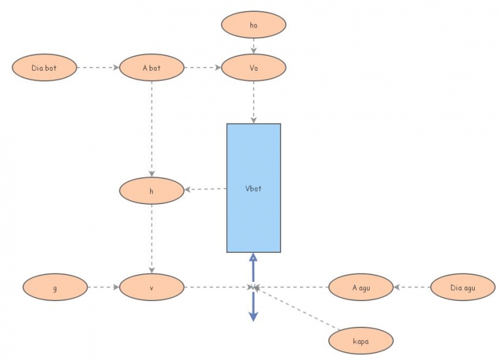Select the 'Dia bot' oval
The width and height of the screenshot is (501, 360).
pos(44,67)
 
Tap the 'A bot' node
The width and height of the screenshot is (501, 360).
pos(151,67)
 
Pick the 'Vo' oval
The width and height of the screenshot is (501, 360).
pos(254,67)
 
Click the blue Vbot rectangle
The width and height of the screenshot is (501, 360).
pos(254,188)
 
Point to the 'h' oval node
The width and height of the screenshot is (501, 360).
pos(151,191)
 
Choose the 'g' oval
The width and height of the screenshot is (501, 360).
pos(54,288)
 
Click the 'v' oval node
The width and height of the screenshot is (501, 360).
pos(151,288)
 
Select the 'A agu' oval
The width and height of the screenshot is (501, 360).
pos(361,288)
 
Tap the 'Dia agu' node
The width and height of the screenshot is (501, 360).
pos(463,288)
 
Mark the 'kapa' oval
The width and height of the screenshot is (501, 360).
pos(361,341)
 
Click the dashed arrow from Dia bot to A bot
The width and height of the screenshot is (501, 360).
pos(98,67)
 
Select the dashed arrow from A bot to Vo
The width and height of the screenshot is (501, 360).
pos(202,67)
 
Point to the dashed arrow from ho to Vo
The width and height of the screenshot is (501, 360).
pos(254,45)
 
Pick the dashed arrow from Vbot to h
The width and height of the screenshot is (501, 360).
pos(205,189)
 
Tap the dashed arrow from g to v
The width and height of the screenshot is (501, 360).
pos(103,288)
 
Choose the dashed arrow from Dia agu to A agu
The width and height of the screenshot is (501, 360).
pos(412,288)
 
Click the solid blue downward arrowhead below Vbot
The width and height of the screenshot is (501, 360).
pos(253,316)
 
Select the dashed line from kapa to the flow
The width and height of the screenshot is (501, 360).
pos(297,309)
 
